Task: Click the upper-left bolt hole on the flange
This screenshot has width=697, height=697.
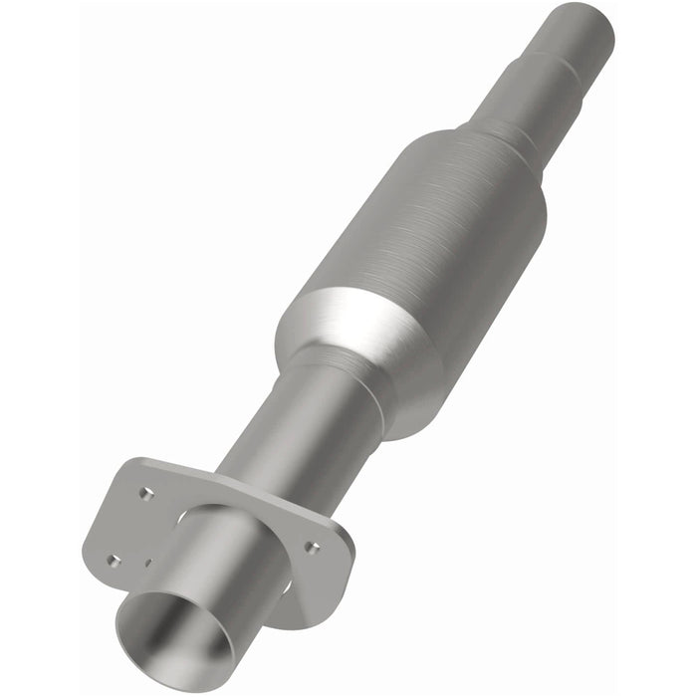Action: click(146, 492)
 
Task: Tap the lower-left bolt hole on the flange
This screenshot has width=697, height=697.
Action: click(114, 561)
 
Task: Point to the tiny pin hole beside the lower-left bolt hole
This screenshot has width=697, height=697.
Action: click(148, 563)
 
